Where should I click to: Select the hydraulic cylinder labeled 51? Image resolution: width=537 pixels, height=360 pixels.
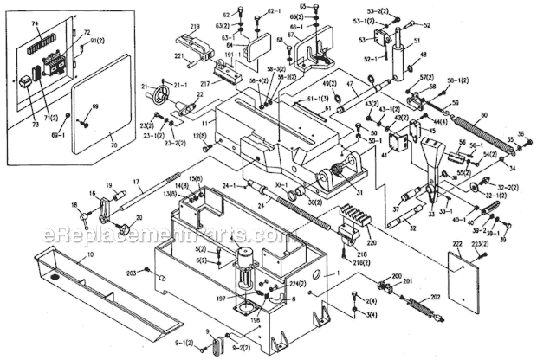403,61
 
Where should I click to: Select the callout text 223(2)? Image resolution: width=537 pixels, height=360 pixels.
505,247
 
